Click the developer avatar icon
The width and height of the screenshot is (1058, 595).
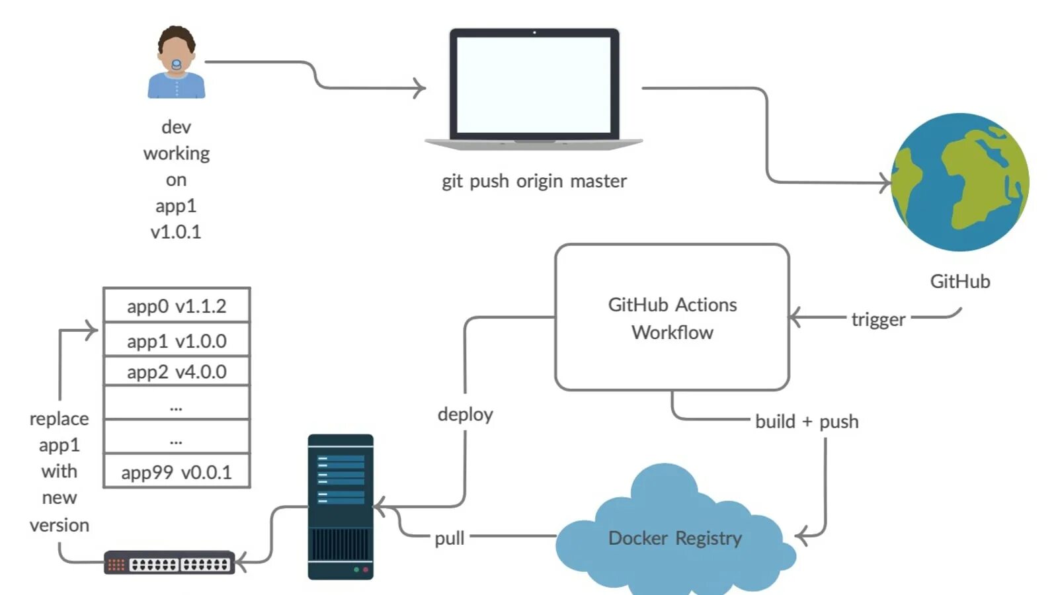[176, 63]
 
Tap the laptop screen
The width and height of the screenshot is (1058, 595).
[534, 85]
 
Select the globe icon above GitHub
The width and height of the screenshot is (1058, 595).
[960, 182]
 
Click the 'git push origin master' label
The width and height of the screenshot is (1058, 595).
[534, 181]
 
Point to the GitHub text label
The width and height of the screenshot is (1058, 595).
[960, 282]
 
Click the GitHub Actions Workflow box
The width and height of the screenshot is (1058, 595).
[672, 318]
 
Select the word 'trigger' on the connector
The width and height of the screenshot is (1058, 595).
[878, 319]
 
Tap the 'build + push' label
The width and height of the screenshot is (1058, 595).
[807, 422]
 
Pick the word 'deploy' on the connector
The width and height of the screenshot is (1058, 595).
[466, 415]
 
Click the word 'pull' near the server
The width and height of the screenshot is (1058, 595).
[450, 538]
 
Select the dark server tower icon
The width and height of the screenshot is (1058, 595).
[341, 506]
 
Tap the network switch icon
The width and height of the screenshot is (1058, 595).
[169, 563]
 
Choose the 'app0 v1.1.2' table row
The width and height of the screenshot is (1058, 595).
[177, 306]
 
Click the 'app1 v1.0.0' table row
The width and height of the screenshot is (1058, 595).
[177, 341]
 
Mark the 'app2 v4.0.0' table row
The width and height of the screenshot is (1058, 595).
[177, 372]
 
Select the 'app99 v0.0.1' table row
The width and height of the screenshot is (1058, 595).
[177, 472]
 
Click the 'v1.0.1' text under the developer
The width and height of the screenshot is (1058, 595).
[176, 232]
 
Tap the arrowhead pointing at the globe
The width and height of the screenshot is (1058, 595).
[886, 182]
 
